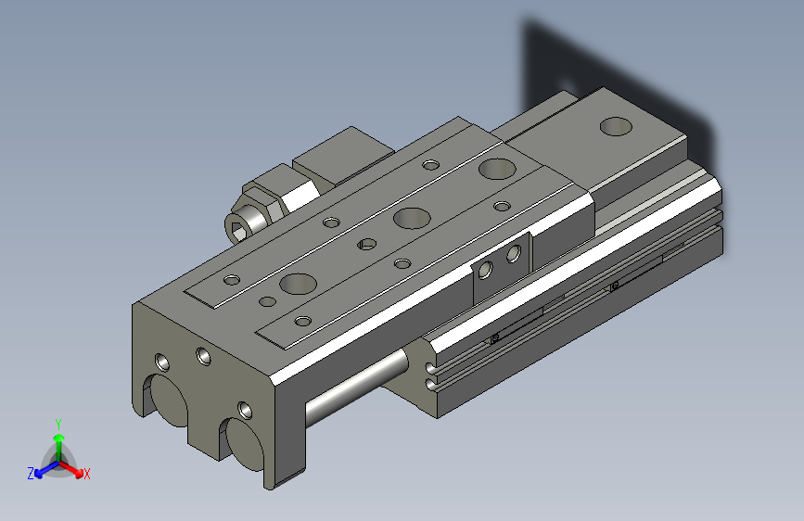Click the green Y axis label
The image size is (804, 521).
(x=57, y=424)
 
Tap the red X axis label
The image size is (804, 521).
(x=86, y=474)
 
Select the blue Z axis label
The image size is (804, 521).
(x=31, y=473)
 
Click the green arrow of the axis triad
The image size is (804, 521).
(x=58, y=439)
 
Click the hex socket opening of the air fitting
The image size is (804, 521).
(x=238, y=224)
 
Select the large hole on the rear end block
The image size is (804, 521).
(x=614, y=125)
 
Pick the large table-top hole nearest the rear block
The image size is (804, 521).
(x=497, y=169)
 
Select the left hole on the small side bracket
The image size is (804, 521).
(x=485, y=270)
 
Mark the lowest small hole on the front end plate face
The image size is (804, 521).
(x=245, y=408)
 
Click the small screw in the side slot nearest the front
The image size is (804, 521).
(x=495, y=337)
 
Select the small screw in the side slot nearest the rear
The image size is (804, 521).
(x=614, y=286)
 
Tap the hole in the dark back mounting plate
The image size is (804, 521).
(x=568, y=87)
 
